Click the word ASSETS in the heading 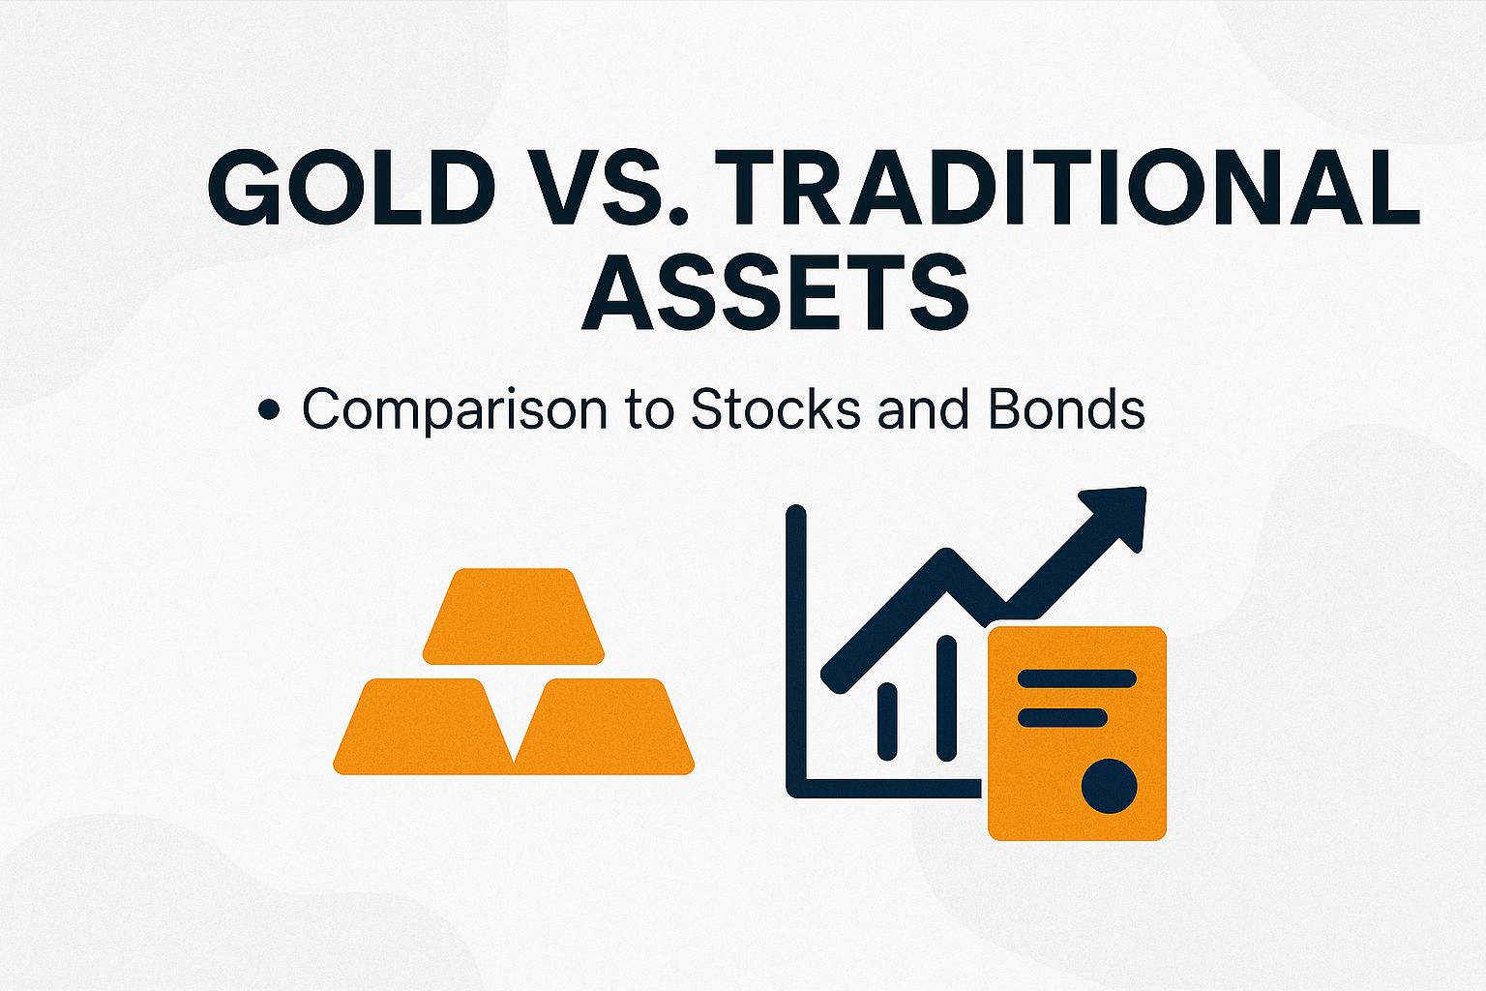774,290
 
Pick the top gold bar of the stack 513,616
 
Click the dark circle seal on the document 1109,786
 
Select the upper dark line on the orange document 1077,678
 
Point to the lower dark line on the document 1062,717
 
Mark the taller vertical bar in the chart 946,697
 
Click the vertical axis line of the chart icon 796,648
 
